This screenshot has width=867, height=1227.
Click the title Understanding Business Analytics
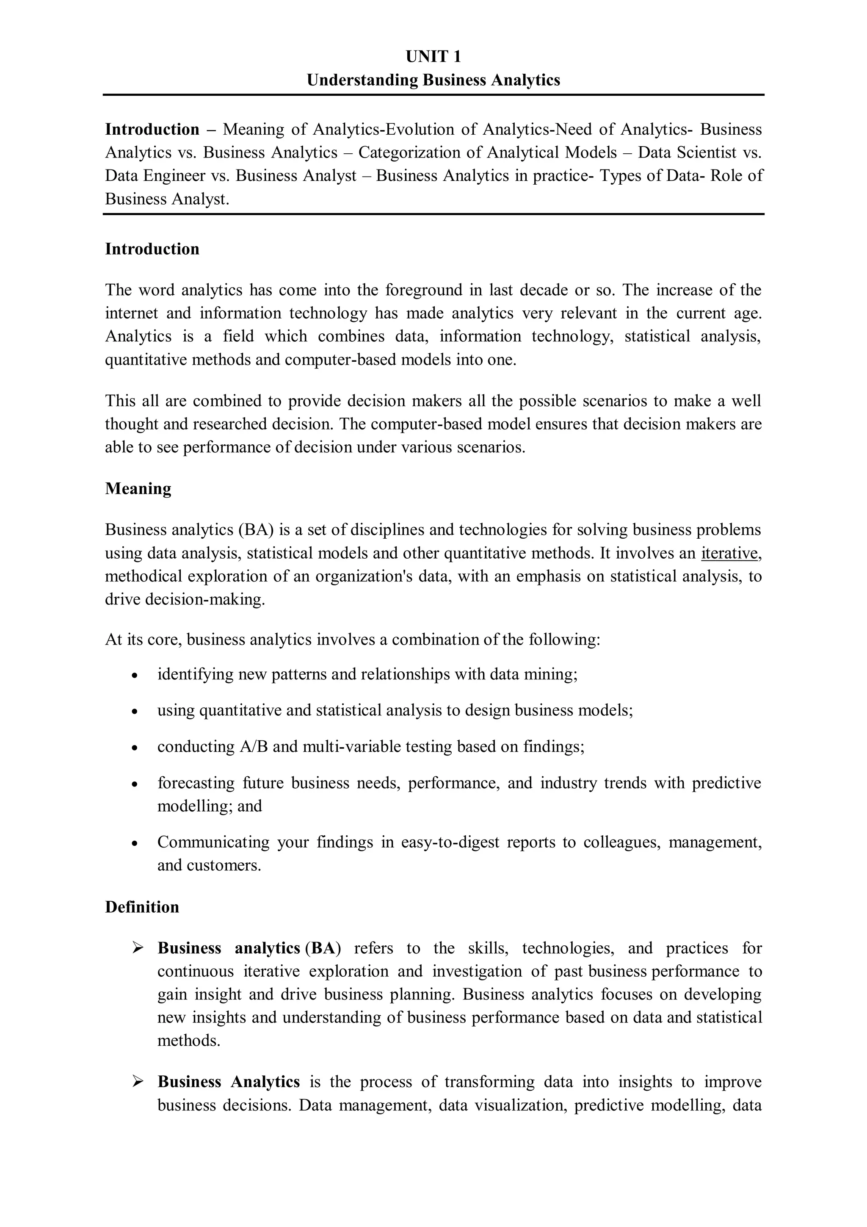(433, 80)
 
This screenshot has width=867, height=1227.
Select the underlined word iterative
(729, 553)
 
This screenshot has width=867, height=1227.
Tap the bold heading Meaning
(138, 488)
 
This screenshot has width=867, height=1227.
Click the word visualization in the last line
(502, 1105)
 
